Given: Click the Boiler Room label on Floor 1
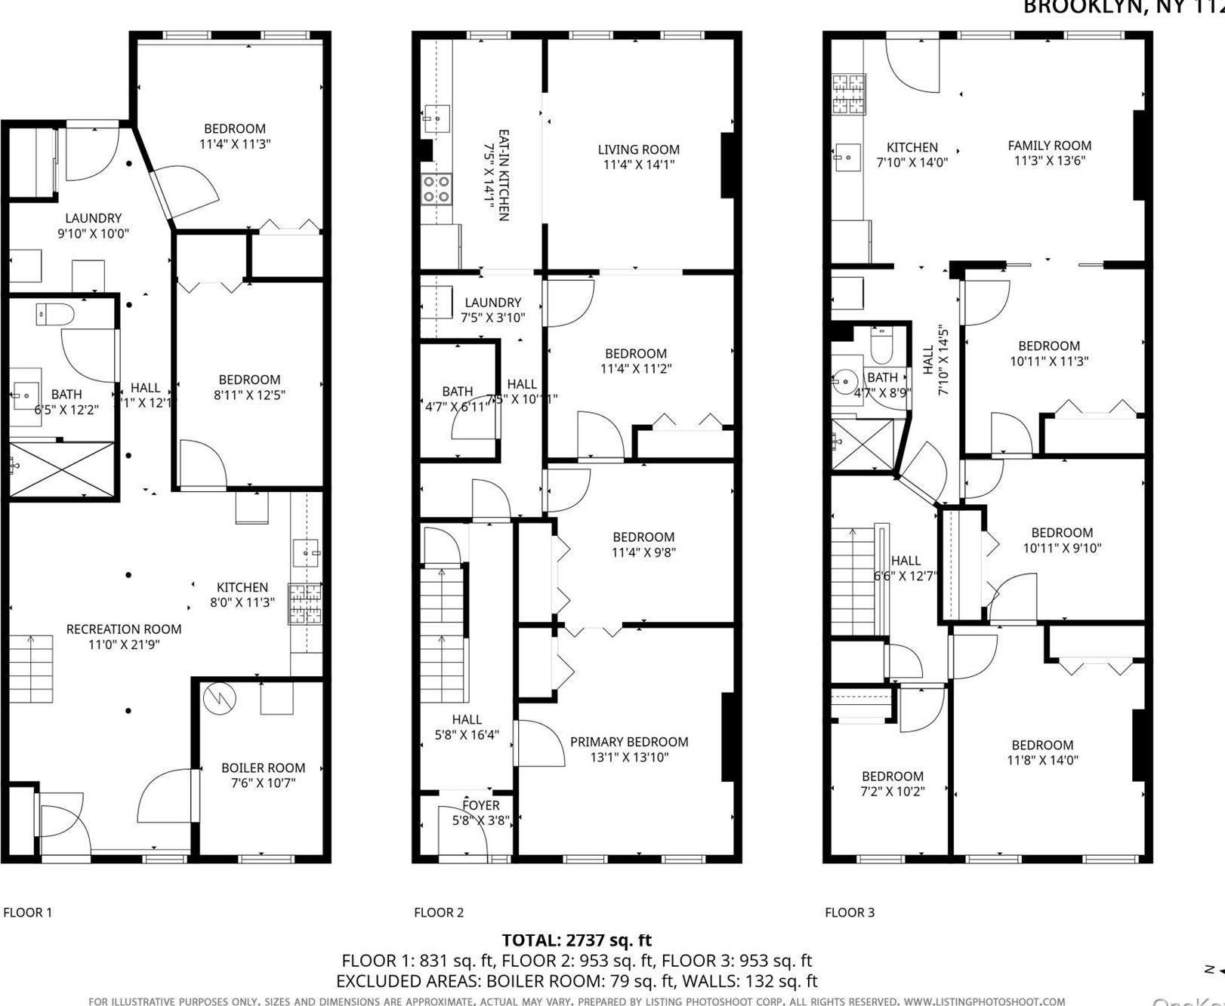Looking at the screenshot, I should pos(263,768).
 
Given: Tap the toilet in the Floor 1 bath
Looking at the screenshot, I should pos(54,313).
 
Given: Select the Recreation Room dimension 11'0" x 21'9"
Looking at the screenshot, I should pos(124,645).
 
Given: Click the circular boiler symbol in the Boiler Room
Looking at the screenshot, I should pos(219,699).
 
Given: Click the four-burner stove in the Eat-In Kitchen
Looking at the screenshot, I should pos(437,189).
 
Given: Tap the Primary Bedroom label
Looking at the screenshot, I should pos(628,742).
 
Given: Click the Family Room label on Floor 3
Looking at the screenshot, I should pos(1049,146).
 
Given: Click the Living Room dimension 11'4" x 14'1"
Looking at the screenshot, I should pos(638,165).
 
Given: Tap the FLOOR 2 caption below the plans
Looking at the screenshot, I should pos(439,912).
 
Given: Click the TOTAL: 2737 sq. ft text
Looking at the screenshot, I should pos(576,940).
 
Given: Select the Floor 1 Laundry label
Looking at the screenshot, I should pos(93,219).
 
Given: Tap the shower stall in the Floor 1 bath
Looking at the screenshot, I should pos(62,469).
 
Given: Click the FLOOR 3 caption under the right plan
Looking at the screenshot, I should pos(850,912).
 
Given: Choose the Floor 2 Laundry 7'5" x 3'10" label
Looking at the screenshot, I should pos(492,303).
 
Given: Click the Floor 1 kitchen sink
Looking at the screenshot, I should pos(307,553).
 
